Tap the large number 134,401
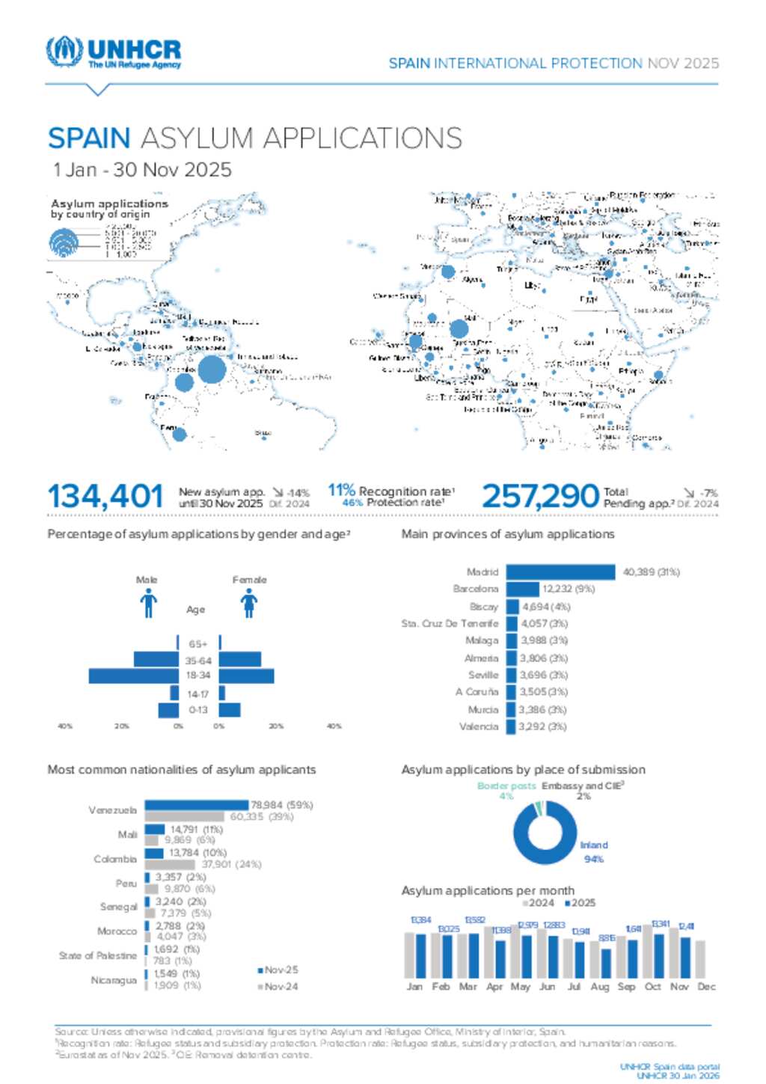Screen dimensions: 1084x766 pyautogui.click(x=105, y=497)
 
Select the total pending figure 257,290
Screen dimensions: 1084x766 pyautogui.click(x=539, y=497)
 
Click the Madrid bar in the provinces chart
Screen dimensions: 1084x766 pyautogui.click(x=561, y=572)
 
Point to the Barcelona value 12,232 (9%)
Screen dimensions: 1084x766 pyautogui.click(x=569, y=589)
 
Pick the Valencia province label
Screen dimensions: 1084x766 pyautogui.click(x=479, y=726)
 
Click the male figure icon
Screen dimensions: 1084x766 pyautogui.click(x=148, y=603)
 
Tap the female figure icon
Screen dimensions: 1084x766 pyautogui.click(x=249, y=603)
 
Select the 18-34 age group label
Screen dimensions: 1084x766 pyautogui.click(x=198, y=676)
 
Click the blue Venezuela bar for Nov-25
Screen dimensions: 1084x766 pyautogui.click(x=197, y=805)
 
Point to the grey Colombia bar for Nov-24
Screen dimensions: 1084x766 pyautogui.click(x=170, y=864)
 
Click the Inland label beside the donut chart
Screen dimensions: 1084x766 pyautogui.click(x=594, y=845)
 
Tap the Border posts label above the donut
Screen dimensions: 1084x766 pyautogui.click(x=506, y=786)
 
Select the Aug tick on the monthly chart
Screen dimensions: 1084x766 pyautogui.click(x=600, y=987)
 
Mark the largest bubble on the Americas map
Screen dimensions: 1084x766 pyautogui.click(x=212, y=370)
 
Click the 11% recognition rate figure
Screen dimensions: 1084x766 pyautogui.click(x=341, y=491)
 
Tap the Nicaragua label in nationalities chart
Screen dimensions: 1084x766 pyautogui.click(x=114, y=980)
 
